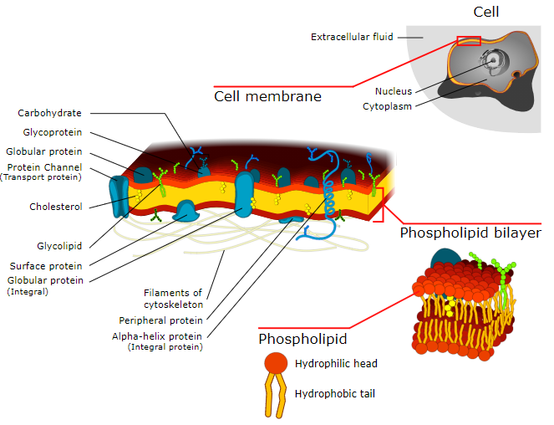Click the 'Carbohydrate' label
[x=49, y=113]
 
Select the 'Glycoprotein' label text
[x=53, y=132]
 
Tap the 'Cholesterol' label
[x=55, y=207]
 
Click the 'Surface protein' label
[x=48, y=267]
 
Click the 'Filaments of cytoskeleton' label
[x=173, y=299]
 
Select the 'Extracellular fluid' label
[x=352, y=37]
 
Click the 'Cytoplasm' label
[x=387, y=106]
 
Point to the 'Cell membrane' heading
[x=267, y=97]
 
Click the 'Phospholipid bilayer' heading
[x=470, y=233]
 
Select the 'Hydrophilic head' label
[x=336, y=364]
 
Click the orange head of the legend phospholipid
[x=276, y=364]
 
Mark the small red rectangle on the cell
[x=469, y=41]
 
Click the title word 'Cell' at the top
[x=485, y=12]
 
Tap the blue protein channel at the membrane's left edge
[x=119, y=192]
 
